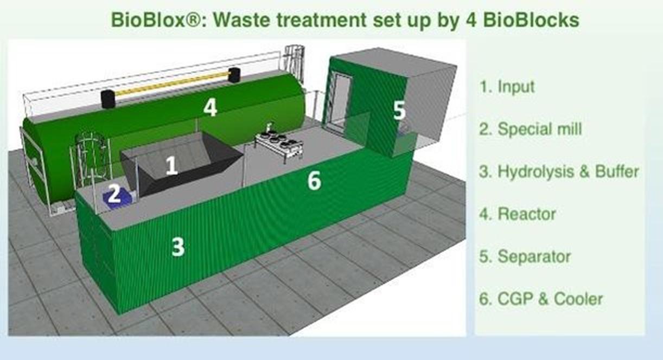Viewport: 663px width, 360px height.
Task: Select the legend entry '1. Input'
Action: point(507,87)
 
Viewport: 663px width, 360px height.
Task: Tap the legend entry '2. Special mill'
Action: point(531,129)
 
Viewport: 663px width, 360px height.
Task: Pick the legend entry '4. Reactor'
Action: point(518,214)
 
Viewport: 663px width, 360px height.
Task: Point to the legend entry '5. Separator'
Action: point(525,256)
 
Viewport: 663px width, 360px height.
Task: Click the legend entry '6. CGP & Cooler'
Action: point(541,299)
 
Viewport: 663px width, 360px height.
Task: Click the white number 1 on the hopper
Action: point(171,165)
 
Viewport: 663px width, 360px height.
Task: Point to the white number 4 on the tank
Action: point(210,107)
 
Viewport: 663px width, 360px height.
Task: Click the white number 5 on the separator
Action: point(399,110)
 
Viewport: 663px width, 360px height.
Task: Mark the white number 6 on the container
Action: point(314,181)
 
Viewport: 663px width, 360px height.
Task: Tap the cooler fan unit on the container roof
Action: point(279,145)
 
